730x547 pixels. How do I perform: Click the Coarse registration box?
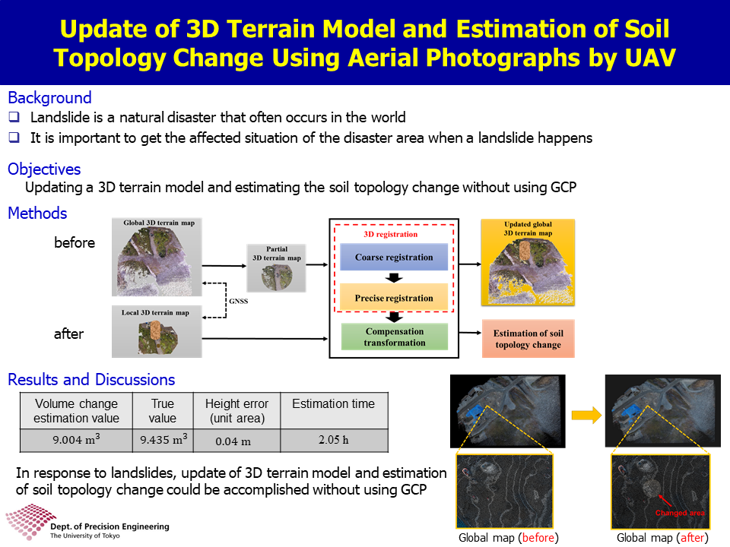(x=394, y=257)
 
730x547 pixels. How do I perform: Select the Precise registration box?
(x=394, y=298)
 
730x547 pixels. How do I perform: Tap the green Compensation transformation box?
(x=395, y=337)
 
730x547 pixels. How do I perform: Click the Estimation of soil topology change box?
(x=528, y=339)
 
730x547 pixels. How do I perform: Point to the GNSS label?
(x=238, y=301)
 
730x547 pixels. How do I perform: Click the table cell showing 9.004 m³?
(x=76, y=440)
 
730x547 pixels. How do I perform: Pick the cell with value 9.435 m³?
(x=163, y=440)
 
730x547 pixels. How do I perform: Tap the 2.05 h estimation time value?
(x=334, y=440)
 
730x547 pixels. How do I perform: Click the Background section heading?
(x=50, y=98)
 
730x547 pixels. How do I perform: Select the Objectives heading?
(x=44, y=169)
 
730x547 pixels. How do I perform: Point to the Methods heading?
(x=37, y=213)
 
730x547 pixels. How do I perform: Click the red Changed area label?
(x=680, y=513)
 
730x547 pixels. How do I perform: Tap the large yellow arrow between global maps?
(x=586, y=415)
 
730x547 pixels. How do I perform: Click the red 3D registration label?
(x=391, y=234)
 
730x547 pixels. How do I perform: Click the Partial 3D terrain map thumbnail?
(x=277, y=268)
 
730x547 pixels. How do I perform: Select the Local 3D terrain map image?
(x=157, y=332)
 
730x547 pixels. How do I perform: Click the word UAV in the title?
(x=650, y=58)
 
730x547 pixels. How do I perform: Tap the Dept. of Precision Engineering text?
(x=109, y=526)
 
